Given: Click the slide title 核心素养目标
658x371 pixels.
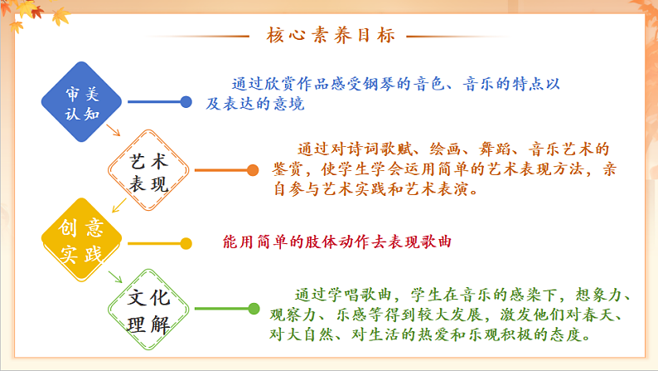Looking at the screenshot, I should point(331,36).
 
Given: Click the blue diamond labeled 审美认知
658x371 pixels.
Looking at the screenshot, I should point(81,102).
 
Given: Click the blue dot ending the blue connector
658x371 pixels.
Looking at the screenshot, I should point(186,102).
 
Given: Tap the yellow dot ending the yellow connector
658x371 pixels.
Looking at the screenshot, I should point(186,242).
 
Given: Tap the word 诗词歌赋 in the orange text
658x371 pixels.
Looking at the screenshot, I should point(378,149).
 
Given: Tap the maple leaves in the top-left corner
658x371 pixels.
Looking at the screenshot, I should point(21,12).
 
